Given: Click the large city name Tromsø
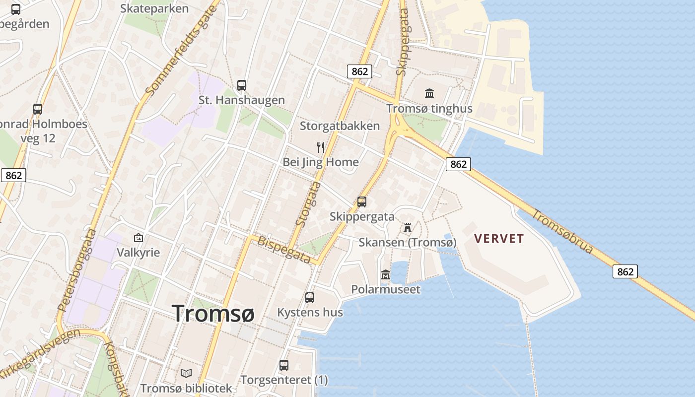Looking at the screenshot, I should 213,314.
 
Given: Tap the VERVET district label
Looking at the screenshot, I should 498,239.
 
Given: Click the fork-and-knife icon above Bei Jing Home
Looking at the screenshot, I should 321,147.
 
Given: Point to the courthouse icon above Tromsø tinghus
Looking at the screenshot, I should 429,93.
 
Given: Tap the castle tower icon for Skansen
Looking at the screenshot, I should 408,228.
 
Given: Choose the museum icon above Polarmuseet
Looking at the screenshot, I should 385,274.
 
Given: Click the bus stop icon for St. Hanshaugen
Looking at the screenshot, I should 242,85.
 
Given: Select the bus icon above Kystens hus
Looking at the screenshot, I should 310,298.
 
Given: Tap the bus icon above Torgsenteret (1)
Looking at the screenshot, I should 284,365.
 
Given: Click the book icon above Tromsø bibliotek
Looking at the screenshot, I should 186,373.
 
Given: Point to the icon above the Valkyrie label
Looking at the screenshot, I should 138,238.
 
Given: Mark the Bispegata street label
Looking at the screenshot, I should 284,250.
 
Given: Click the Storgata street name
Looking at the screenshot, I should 308,204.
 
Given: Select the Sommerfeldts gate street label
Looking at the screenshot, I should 182,48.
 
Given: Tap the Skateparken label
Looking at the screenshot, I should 154,8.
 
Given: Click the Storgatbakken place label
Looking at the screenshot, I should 340,126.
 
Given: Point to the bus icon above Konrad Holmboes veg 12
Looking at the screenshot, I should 38,109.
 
